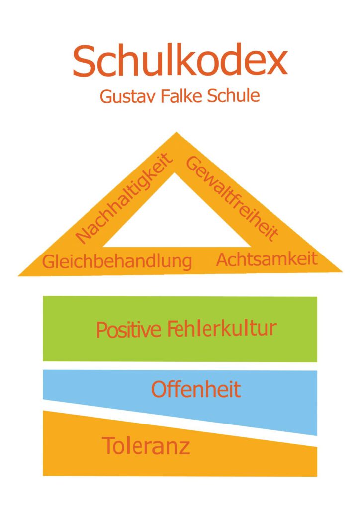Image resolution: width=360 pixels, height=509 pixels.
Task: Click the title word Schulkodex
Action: pyautogui.click(x=180, y=61)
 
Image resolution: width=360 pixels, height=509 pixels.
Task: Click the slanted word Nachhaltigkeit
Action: pyautogui.click(x=124, y=199)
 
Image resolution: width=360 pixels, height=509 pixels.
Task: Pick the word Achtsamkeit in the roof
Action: pyautogui.click(x=267, y=259)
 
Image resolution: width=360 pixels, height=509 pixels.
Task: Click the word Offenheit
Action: pyautogui.click(x=196, y=390)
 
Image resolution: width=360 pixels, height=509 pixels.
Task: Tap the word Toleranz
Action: pyautogui.click(x=146, y=445)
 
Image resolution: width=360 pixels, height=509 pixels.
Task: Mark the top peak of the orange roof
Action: pyautogui.click(x=176, y=133)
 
